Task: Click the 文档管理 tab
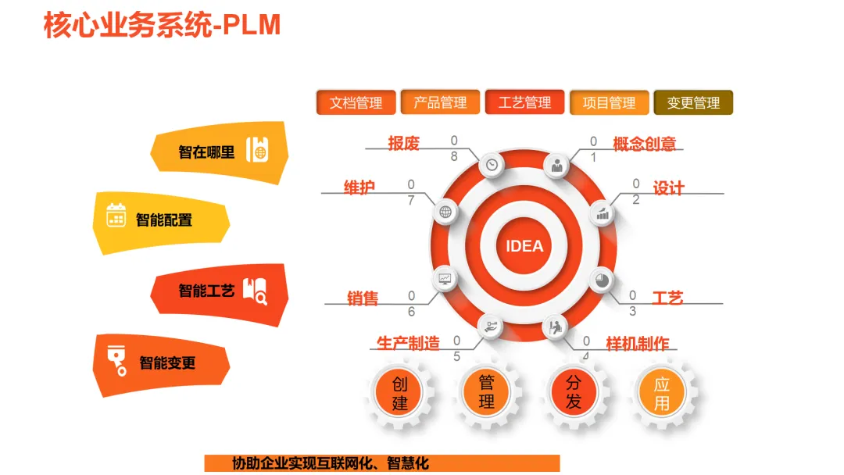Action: (x=356, y=102)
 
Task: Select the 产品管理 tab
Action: (x=440, y=102)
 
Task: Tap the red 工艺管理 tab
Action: (x=524, y=102)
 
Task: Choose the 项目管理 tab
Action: (x=609, y=102)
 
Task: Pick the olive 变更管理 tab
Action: (x=693, y=102)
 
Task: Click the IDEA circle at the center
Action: (x=524, y=246)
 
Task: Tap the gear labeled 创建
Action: (x=400, y=393)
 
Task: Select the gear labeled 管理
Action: (x=487, y=393)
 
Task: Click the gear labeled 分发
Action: (x=574, y=393)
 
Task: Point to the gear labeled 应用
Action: (x=662, y=393)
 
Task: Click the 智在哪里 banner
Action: (x=220, y=152)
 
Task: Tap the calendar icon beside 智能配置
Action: (x=116, y=215)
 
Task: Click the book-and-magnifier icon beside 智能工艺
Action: (x=255, y=291)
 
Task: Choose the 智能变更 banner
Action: (x=162, y=362)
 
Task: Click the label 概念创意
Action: (x=645, y=145)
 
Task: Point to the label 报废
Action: (x=404, y=143)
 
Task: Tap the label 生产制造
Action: (x=408, y=343)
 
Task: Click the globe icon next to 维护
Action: (x=445, y=211)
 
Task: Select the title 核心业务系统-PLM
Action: (x=162, y=25)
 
